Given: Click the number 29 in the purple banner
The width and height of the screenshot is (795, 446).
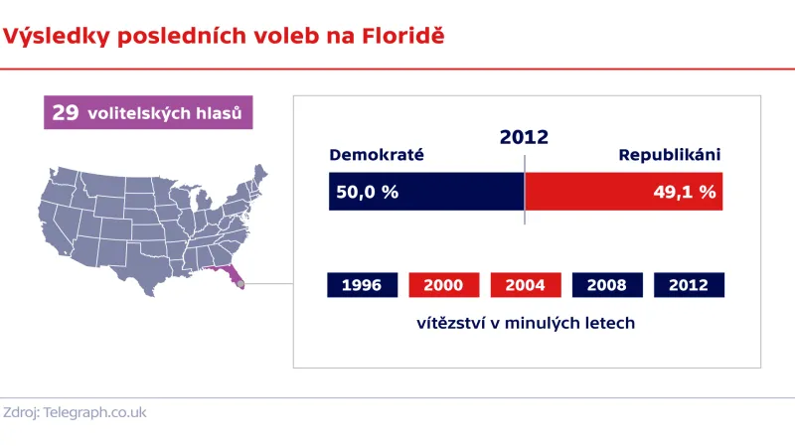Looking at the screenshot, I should [x=66, y=113].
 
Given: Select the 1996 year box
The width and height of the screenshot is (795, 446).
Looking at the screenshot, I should [x=362, y=285].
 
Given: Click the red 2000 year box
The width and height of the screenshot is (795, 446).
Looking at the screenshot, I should [x=443, y=285].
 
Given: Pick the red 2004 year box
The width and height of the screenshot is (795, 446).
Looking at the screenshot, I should [x=525, y=285].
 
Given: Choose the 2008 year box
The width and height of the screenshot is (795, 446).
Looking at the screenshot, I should [x=606, y=285].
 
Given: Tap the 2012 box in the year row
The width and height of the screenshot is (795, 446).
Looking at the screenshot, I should [x=689, y=285].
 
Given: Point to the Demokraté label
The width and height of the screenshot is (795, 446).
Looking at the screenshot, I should [x=377, y=155].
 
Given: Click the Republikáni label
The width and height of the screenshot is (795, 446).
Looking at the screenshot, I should [x=669, y=155].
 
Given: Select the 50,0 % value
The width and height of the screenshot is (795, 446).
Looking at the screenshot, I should [x=367, y=192].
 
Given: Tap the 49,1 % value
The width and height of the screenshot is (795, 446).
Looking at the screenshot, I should [x=684, y=192].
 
